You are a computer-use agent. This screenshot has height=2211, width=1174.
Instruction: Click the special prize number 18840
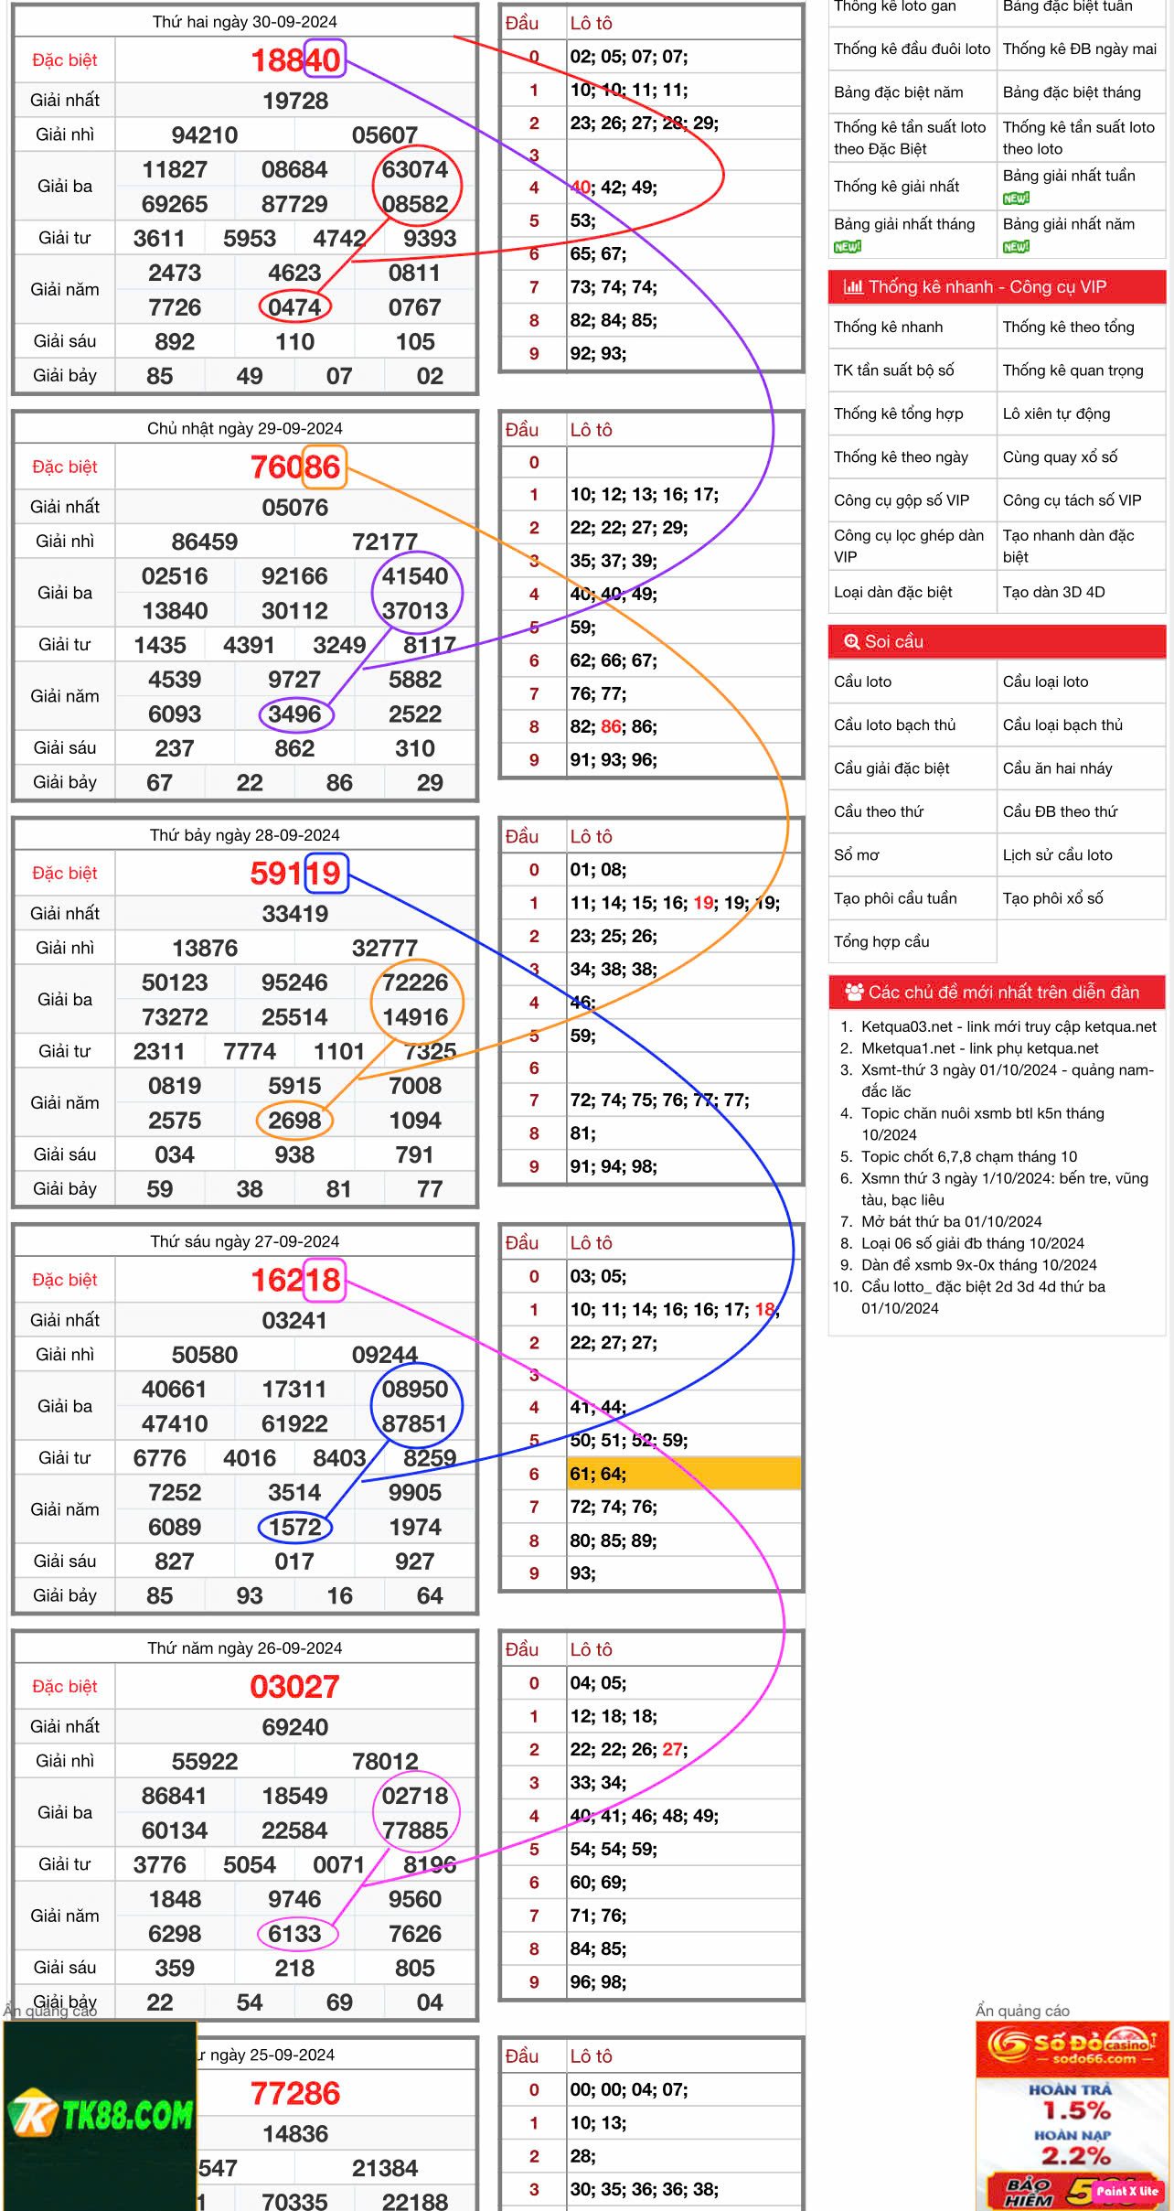[294, 60]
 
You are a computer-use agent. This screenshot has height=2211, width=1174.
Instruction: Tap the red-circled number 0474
[294, 307]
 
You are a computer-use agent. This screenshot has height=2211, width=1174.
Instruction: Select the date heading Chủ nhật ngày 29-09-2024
[244, 428]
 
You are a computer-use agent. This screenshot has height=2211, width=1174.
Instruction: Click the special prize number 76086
[294, 467]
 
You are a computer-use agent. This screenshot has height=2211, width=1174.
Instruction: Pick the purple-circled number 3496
[294, 714]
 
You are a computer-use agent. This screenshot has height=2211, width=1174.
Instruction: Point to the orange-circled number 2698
[294, 1121]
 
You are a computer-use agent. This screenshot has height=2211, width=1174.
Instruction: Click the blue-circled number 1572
[294, 1527]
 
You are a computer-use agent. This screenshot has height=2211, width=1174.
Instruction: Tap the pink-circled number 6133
[294, 1934]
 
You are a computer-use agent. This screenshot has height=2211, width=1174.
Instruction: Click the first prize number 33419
[294, 914]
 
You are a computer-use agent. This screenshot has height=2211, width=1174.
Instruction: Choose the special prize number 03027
[294, 1687]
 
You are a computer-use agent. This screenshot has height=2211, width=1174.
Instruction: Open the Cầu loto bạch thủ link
[894, 725]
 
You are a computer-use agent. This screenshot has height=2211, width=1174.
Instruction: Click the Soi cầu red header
[996, 642]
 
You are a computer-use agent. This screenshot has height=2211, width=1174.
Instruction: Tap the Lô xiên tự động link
[1056, 414]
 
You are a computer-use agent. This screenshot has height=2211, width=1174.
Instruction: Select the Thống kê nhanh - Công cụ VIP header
[996, 287]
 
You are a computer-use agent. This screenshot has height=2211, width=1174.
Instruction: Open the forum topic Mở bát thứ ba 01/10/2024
[951, 1222]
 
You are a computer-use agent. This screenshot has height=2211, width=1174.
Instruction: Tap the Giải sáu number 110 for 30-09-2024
[294, 342]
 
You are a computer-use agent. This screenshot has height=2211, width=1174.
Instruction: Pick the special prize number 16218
[294, 1281]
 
